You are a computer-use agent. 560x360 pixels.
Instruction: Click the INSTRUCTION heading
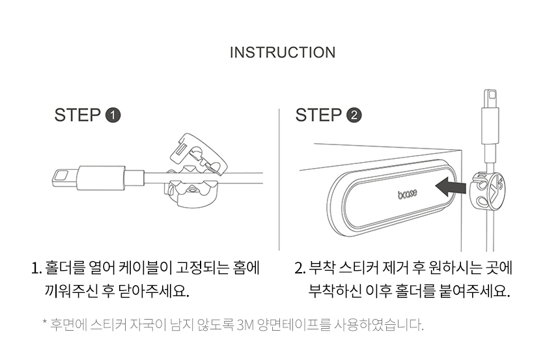283,52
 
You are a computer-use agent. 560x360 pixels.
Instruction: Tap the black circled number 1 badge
113,116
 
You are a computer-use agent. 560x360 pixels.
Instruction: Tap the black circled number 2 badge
354,116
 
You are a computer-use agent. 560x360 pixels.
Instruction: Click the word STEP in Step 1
77,116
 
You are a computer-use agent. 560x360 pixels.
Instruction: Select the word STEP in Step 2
319,116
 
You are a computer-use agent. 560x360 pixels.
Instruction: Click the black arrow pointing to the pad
450,187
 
